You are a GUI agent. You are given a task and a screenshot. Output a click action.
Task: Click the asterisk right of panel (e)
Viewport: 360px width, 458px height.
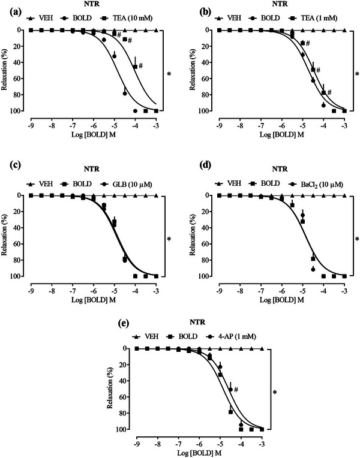274,393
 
